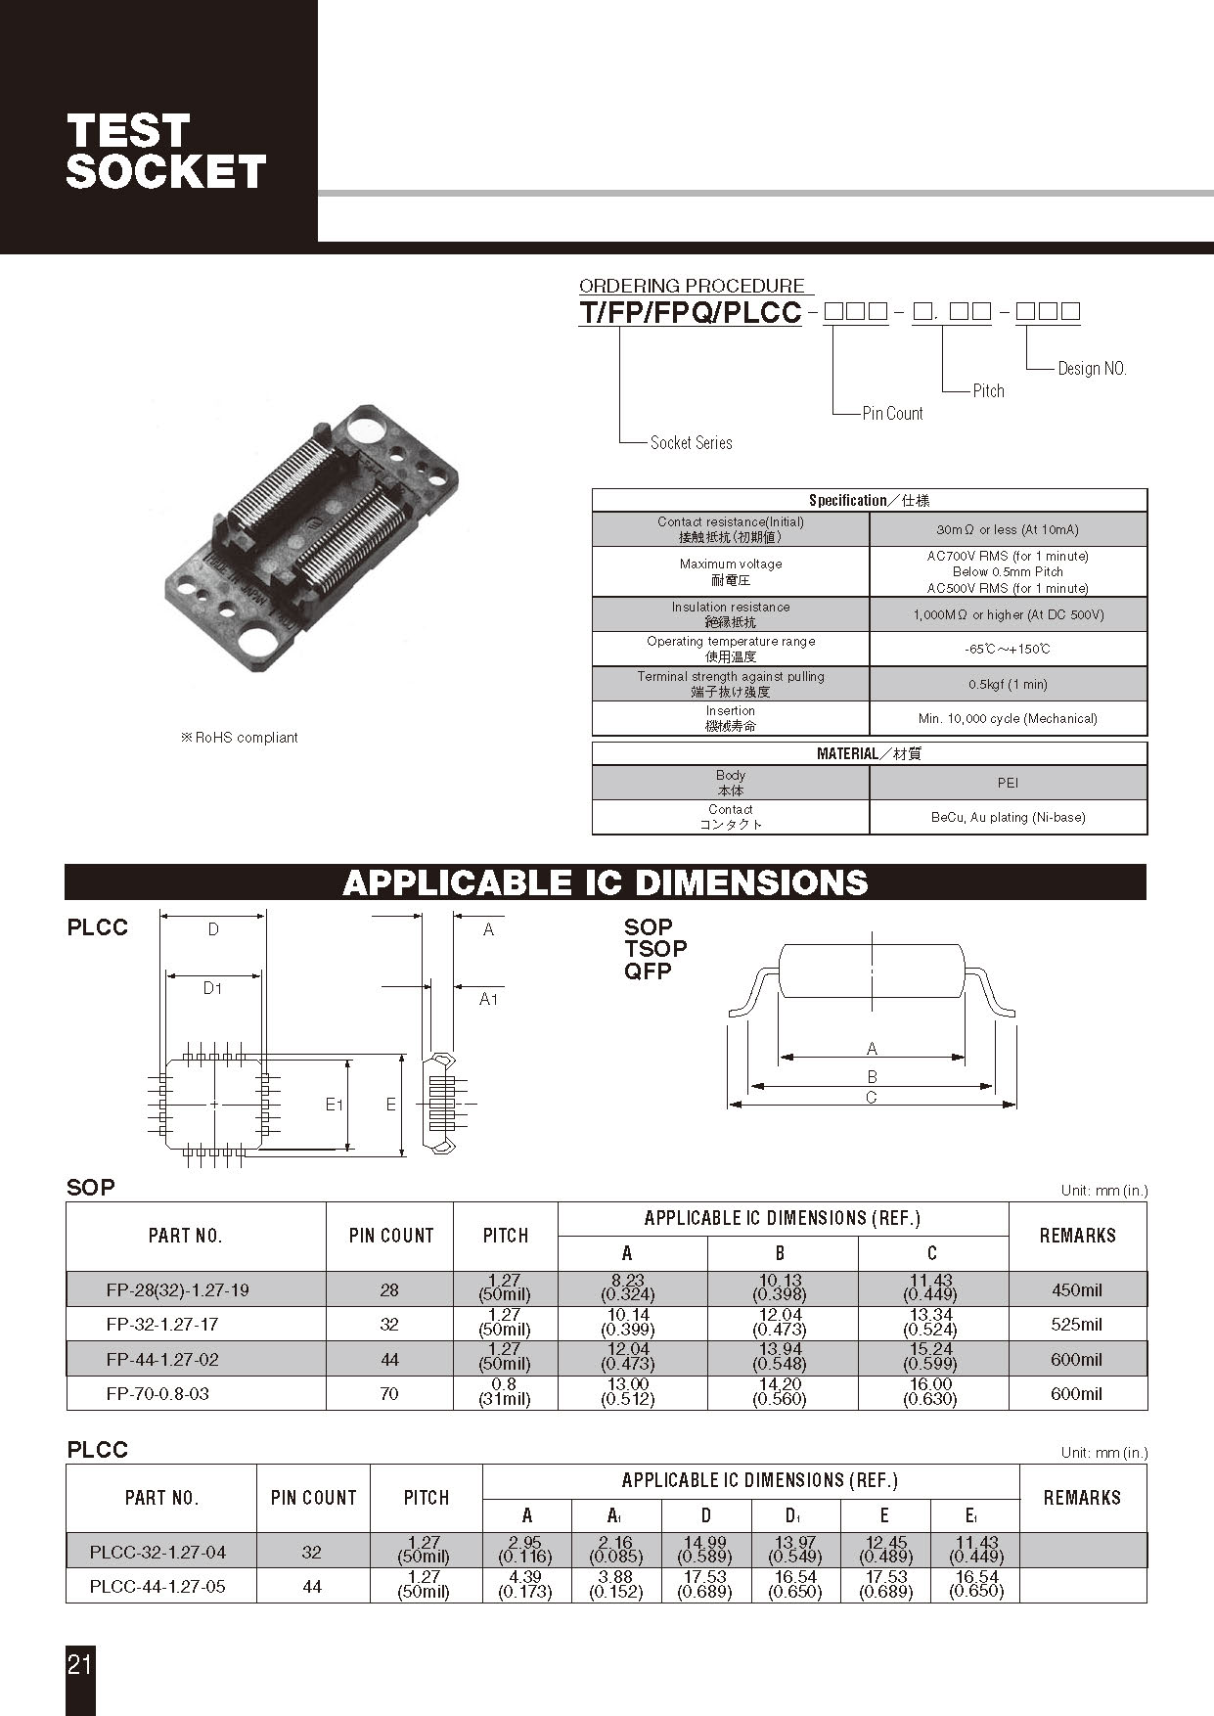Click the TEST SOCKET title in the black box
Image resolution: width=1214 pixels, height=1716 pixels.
tap(164, 151)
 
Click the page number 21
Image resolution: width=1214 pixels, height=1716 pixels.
tap(79, 1664)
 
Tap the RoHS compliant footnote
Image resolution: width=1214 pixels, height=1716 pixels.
tap(240, 738)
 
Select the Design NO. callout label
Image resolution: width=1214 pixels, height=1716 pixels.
tap(1092, 369)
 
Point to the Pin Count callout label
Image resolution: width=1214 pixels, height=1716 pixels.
tap(892, 414)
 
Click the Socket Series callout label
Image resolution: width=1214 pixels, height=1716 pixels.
tap(691, 443)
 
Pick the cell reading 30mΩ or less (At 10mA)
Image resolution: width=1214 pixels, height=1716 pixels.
tap(1008, 529)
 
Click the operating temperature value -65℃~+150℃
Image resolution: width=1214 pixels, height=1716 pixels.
tap(1008, 650)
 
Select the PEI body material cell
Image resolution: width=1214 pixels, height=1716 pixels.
tap(1008, 783)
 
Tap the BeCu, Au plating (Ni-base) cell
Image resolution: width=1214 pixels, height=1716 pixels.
tap(1008, 817)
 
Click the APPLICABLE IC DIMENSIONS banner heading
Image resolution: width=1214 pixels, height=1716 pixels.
tap(605, 882)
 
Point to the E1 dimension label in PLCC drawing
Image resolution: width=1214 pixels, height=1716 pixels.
tap(334, 1105)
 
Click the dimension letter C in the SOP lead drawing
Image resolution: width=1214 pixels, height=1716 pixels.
tap(872, 1098)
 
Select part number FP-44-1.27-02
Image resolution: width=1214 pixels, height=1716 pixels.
tap(162, 1359)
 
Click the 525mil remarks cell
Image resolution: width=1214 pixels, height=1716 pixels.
tap(1076, 1325)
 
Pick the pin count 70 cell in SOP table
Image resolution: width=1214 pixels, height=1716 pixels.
tap(389, 1393)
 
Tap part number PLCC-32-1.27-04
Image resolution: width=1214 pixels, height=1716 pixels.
tap(157, 1552)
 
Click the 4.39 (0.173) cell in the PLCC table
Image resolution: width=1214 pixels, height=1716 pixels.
tap(525, 1585)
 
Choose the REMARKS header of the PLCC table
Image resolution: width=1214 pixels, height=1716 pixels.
tap(1082, 1498)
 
